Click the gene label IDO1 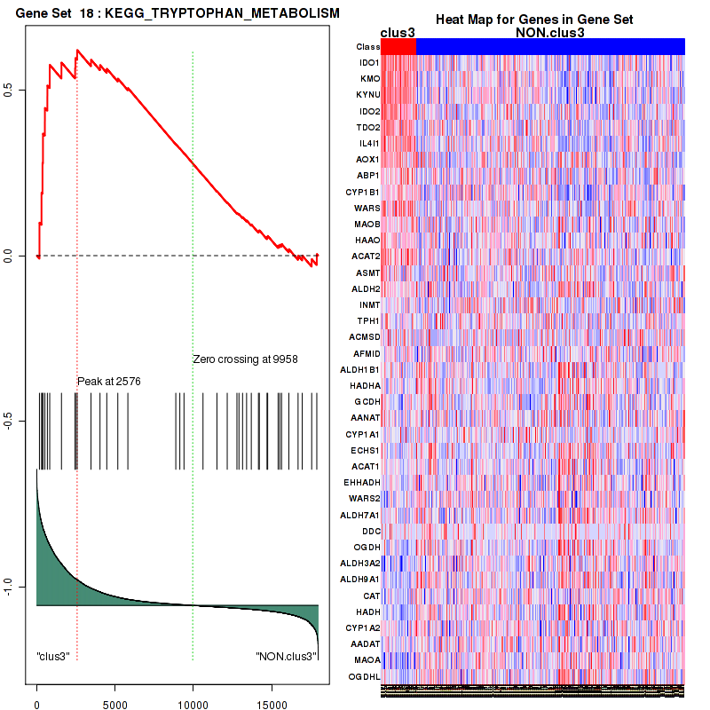pyautogui.click(x=368, y=63)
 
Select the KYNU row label pyautogui.click(x=367, y=95)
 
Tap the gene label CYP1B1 pyautogui.click(x=363, y=192)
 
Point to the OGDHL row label pyautogui.click(x=365, y=676)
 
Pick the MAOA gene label pyautogui.click(x=367, y=660)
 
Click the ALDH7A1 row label pyautogui.click(x=363, y=515)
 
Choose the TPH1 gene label pyautogui.click(x=368, y=320)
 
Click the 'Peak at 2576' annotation pyautogui.click(x=109, y=382)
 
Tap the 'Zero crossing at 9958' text pyautogui.click(x=245, y=359)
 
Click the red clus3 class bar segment pyautogui.click(x=398, y=46)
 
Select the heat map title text pyautogui.click(x=533, y=20)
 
